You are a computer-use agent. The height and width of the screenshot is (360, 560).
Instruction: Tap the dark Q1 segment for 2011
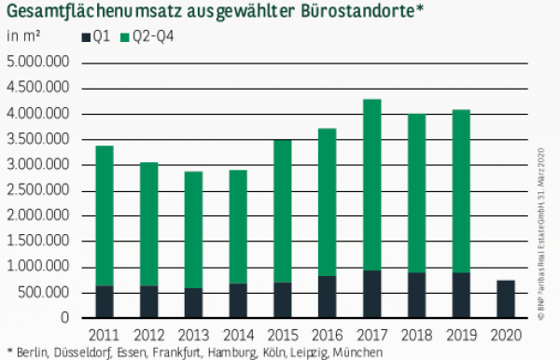105,301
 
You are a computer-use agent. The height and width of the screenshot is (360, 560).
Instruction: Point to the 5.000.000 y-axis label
39,62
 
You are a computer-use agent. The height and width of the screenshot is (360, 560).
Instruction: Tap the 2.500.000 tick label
39,190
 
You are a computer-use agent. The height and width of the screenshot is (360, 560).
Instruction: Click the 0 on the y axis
66,318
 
